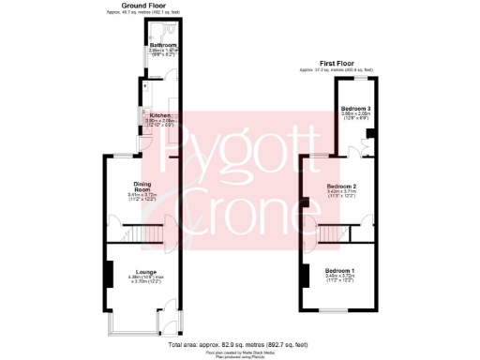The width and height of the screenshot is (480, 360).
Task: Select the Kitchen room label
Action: pos(159,115)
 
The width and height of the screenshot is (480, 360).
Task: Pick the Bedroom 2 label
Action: pos(341,187)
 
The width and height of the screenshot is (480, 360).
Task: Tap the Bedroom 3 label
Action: pos(355,108)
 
